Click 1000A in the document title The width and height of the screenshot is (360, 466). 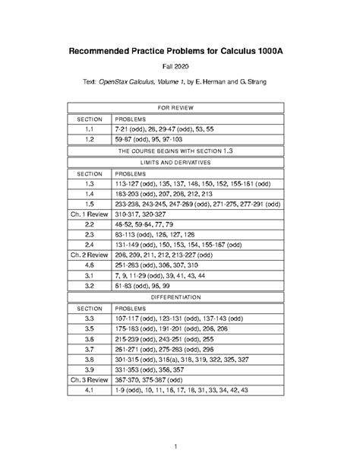point(272,51)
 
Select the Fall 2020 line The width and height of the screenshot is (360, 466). point(179,68)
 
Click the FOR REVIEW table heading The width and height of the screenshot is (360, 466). point(179,108)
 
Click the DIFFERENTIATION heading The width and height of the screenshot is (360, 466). point(179,297)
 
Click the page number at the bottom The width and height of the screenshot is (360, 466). point(179,445)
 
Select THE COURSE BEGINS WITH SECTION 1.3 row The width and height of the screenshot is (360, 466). point(179,151)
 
